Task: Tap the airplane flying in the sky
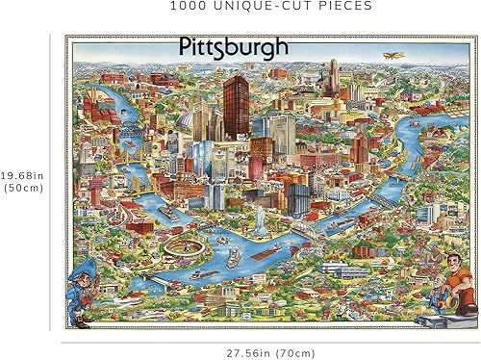pos(392,55)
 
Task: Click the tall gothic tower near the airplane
pos(333,77)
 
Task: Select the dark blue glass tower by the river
pos(297,197)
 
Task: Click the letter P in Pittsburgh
pos(185,46)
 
